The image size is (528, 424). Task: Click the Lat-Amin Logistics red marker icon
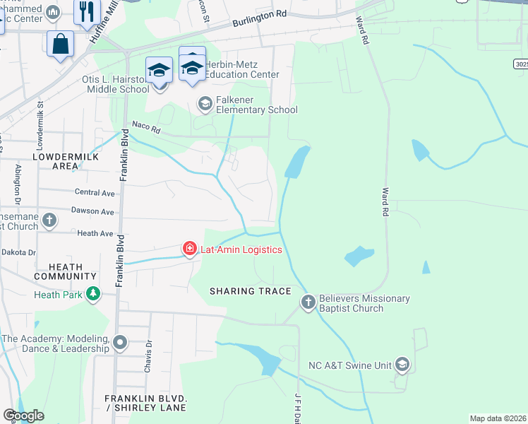(189, 249)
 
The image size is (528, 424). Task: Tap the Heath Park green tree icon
(92, 293)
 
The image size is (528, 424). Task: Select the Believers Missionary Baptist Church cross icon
(308, 303)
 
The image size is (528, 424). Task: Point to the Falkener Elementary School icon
(205, 105)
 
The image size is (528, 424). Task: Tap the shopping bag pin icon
(60, 43)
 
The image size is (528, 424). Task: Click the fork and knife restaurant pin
(87, 12)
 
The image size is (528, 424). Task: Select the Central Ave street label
(95, 192)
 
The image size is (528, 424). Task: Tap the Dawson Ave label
(92, 211)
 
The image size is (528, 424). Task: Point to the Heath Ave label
(95, 233)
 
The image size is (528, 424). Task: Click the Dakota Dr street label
(18, 252)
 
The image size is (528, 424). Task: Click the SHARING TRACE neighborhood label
(251, 291)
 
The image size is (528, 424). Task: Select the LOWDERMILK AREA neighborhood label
(65, 160)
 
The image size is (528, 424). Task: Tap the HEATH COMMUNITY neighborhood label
(71, 272)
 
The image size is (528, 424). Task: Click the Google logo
(23, 416)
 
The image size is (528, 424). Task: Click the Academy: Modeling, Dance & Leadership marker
(120, 343)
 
